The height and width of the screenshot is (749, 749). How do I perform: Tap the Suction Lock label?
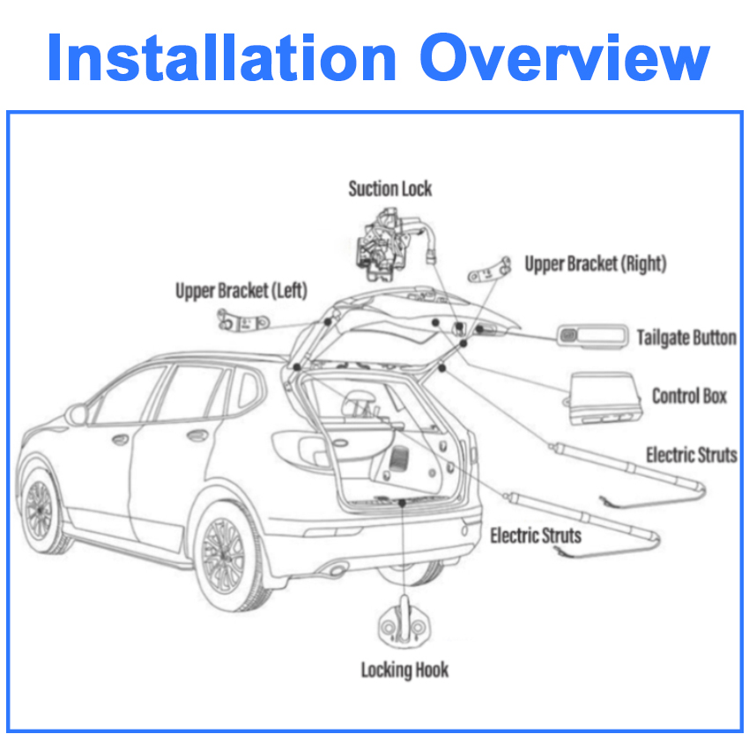click(390, 188)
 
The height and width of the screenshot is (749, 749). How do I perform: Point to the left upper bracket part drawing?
click(243, 322)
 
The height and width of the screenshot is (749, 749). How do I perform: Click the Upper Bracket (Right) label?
click(596, 263)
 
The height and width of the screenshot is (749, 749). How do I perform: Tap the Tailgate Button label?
click(686, 337)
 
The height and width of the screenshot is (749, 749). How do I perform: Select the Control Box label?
click(689, 396)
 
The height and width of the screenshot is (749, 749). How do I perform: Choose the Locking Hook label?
click(404, 670)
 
